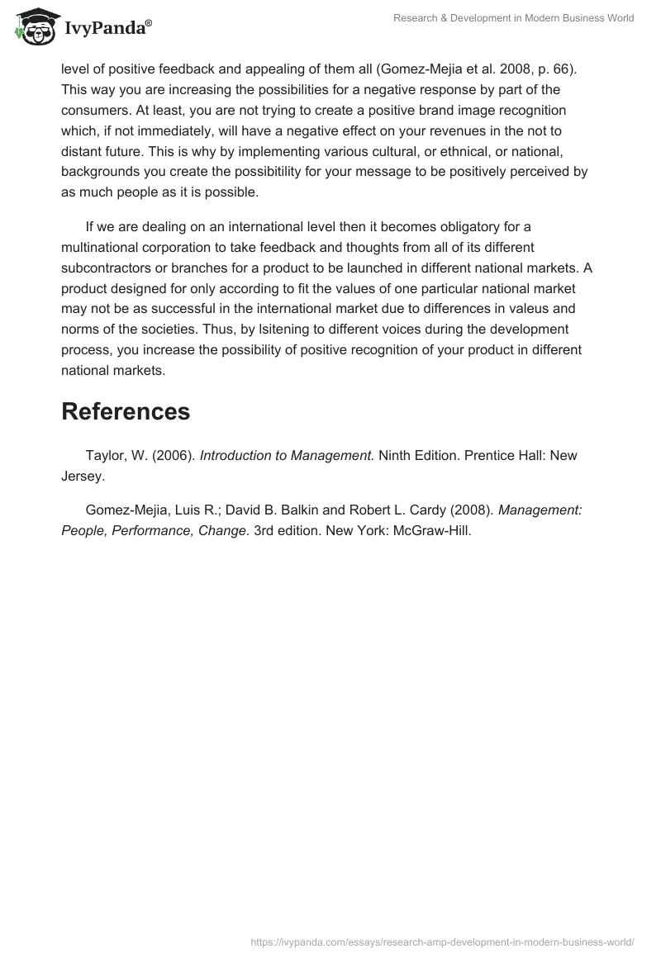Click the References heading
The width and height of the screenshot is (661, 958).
pyautogui.click(x=126, y=410)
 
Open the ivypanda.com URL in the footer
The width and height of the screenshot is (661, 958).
pyautogui.click(x=442, y=941)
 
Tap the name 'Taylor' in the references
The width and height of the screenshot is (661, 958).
pyautogui.click(x=104, y=456)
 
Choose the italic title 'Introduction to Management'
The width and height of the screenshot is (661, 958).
pyautogui.click(x=287, y=456)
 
